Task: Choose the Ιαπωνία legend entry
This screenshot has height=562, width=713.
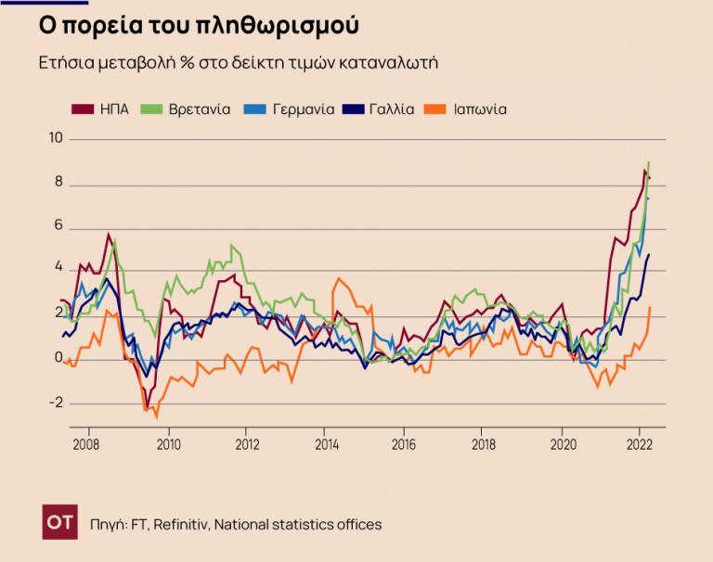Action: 479,109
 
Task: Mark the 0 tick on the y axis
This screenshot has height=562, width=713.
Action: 58,359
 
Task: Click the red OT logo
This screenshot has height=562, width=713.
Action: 60,524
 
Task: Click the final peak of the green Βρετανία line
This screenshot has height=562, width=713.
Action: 648,162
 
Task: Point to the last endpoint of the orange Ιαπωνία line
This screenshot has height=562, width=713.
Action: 650,307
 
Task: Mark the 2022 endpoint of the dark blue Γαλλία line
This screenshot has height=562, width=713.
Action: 649,254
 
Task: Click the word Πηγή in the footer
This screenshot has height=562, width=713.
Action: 109,525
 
